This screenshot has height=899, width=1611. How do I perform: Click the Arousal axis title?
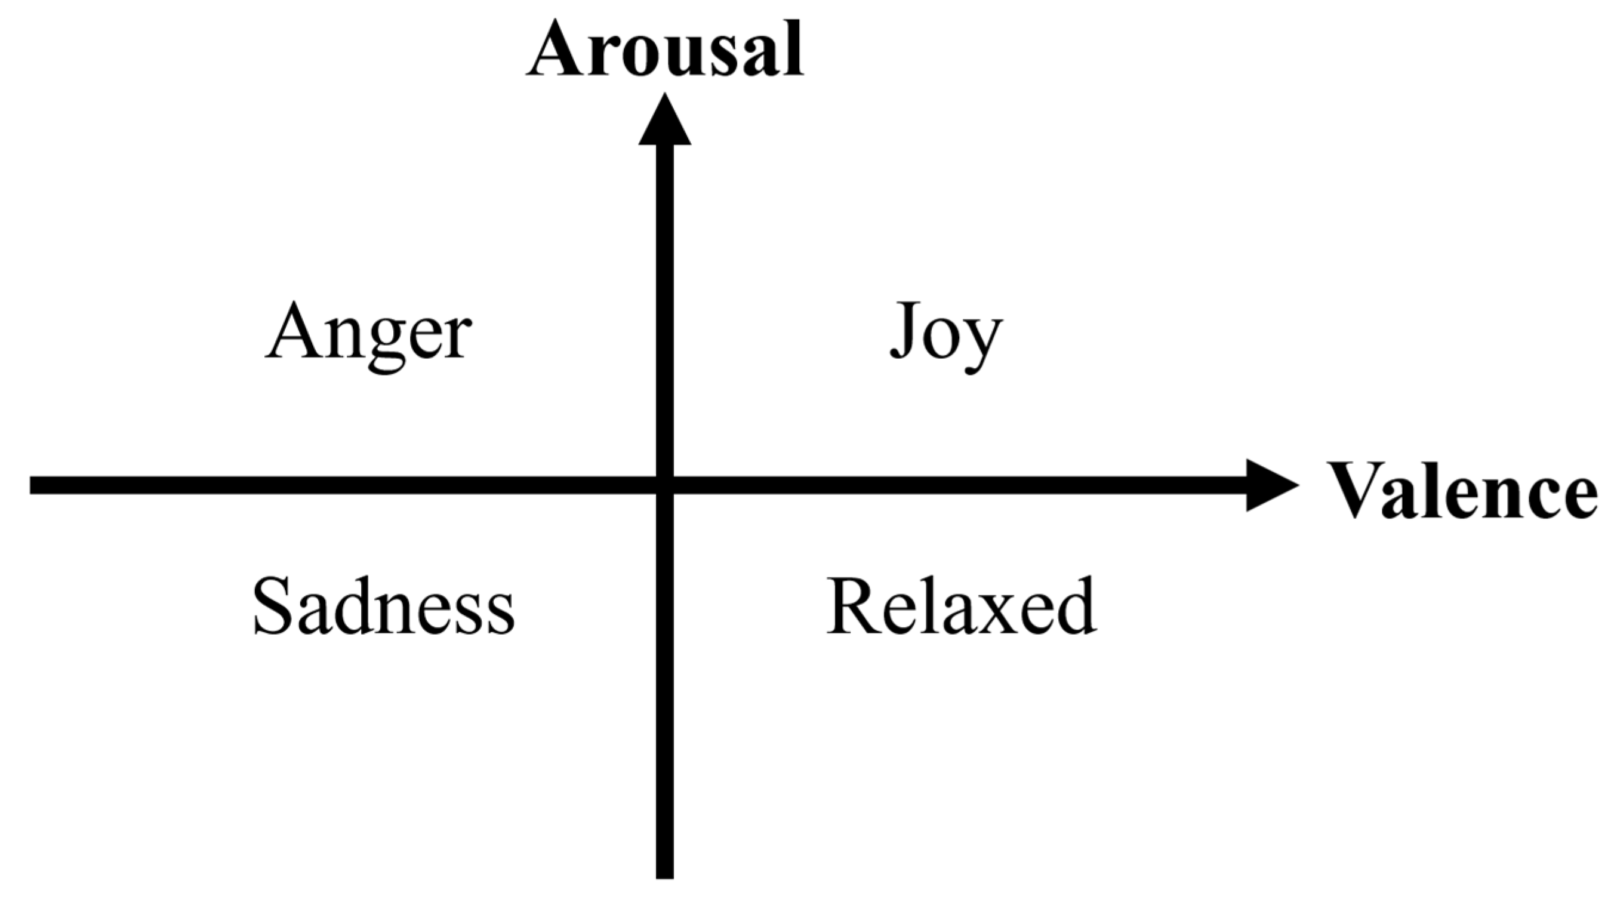[665, 49]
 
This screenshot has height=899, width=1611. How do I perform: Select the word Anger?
[368, 331]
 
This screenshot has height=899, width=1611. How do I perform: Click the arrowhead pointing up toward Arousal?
[665, 122]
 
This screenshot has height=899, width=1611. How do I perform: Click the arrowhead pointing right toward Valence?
[1270, 485]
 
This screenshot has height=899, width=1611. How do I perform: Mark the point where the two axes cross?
[665, 485]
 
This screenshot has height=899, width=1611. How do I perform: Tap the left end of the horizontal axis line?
[32, 485]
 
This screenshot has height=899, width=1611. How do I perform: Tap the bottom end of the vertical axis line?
[665, 875]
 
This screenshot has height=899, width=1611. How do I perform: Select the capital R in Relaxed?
[853, 605]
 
